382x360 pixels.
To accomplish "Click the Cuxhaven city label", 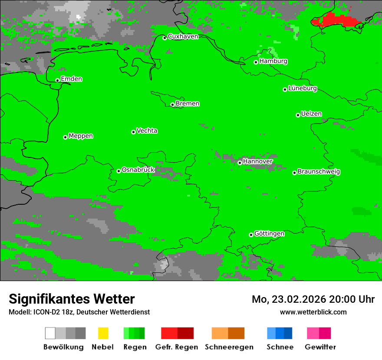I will tap(183, 36).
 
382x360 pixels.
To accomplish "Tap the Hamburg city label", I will tap(273, 61).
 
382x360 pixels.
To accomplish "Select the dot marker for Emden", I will tap(57, 80).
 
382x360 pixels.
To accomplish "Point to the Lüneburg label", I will tap(302, 88).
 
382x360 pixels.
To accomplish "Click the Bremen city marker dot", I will tap(172, 105).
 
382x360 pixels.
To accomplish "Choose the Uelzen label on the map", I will tap(311, 114).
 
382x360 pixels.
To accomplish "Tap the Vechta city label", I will tap(147, 131).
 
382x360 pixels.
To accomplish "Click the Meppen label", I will tap(81, 136).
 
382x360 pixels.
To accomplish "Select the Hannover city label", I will tap(257, 161).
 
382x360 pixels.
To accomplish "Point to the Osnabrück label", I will tap(138, 170).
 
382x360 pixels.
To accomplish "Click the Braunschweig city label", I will tap(319, 172).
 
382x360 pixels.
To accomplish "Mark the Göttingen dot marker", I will tap(251, 235).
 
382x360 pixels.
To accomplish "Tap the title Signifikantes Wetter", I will tap(72, 299).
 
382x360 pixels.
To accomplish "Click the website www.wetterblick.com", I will tap(313, 312).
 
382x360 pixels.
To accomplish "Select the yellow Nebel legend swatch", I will tap(103, 333).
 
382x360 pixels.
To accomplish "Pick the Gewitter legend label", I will tap(320, 347).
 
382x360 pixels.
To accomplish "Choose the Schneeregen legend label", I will tap(228, 347).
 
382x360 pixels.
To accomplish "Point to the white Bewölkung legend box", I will tap(50, 333).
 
